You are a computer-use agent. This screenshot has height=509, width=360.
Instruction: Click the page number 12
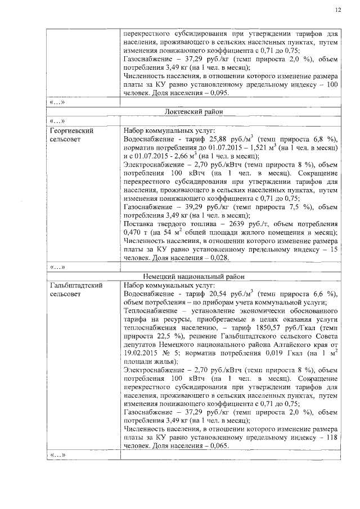click(x=337, y=10)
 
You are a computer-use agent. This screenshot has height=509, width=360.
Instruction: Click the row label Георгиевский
click(x=70, y=130)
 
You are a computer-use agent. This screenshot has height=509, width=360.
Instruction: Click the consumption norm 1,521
click(x=247, y=147)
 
